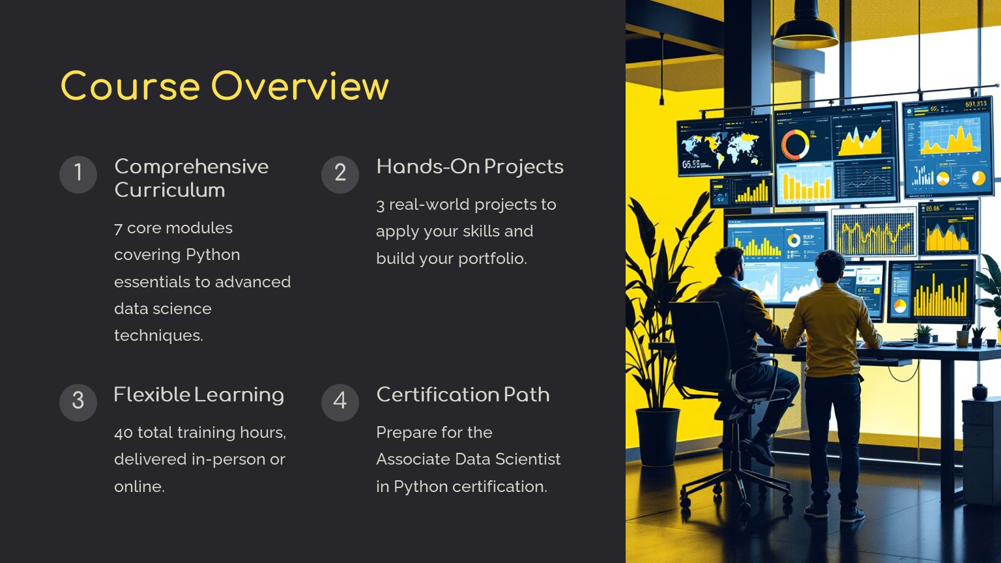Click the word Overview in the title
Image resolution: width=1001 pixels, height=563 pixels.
point(300,85)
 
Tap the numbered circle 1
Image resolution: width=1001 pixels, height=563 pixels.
point(78,174)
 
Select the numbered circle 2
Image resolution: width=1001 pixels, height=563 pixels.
point(340,174)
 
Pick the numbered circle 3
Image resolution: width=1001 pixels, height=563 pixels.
point(78,403)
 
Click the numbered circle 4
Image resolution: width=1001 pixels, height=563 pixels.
point(340,403)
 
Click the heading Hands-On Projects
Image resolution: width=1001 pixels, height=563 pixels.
point(470,167)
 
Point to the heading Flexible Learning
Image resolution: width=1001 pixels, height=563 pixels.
point(199,396)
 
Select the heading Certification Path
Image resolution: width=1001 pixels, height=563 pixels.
point(463,394)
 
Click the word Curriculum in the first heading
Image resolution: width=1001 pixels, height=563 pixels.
point(170,190)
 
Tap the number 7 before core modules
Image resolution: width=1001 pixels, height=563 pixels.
point(118,229)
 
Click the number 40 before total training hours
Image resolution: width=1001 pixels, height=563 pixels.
point(123,433)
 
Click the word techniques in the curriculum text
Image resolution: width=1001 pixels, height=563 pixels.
point(158,336)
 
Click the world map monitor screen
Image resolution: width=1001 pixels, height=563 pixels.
point(725,145)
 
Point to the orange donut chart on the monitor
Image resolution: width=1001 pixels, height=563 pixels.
point(795,145)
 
